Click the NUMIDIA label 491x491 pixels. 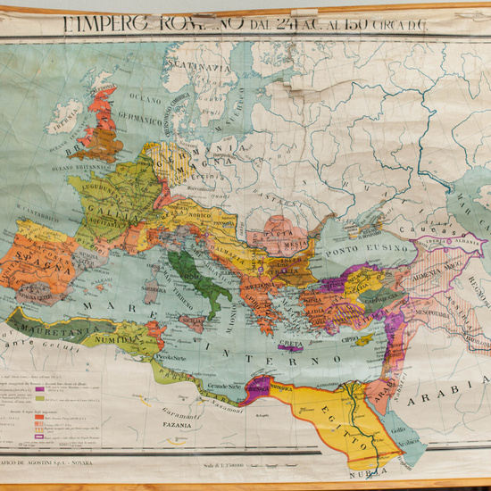(119, 338)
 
